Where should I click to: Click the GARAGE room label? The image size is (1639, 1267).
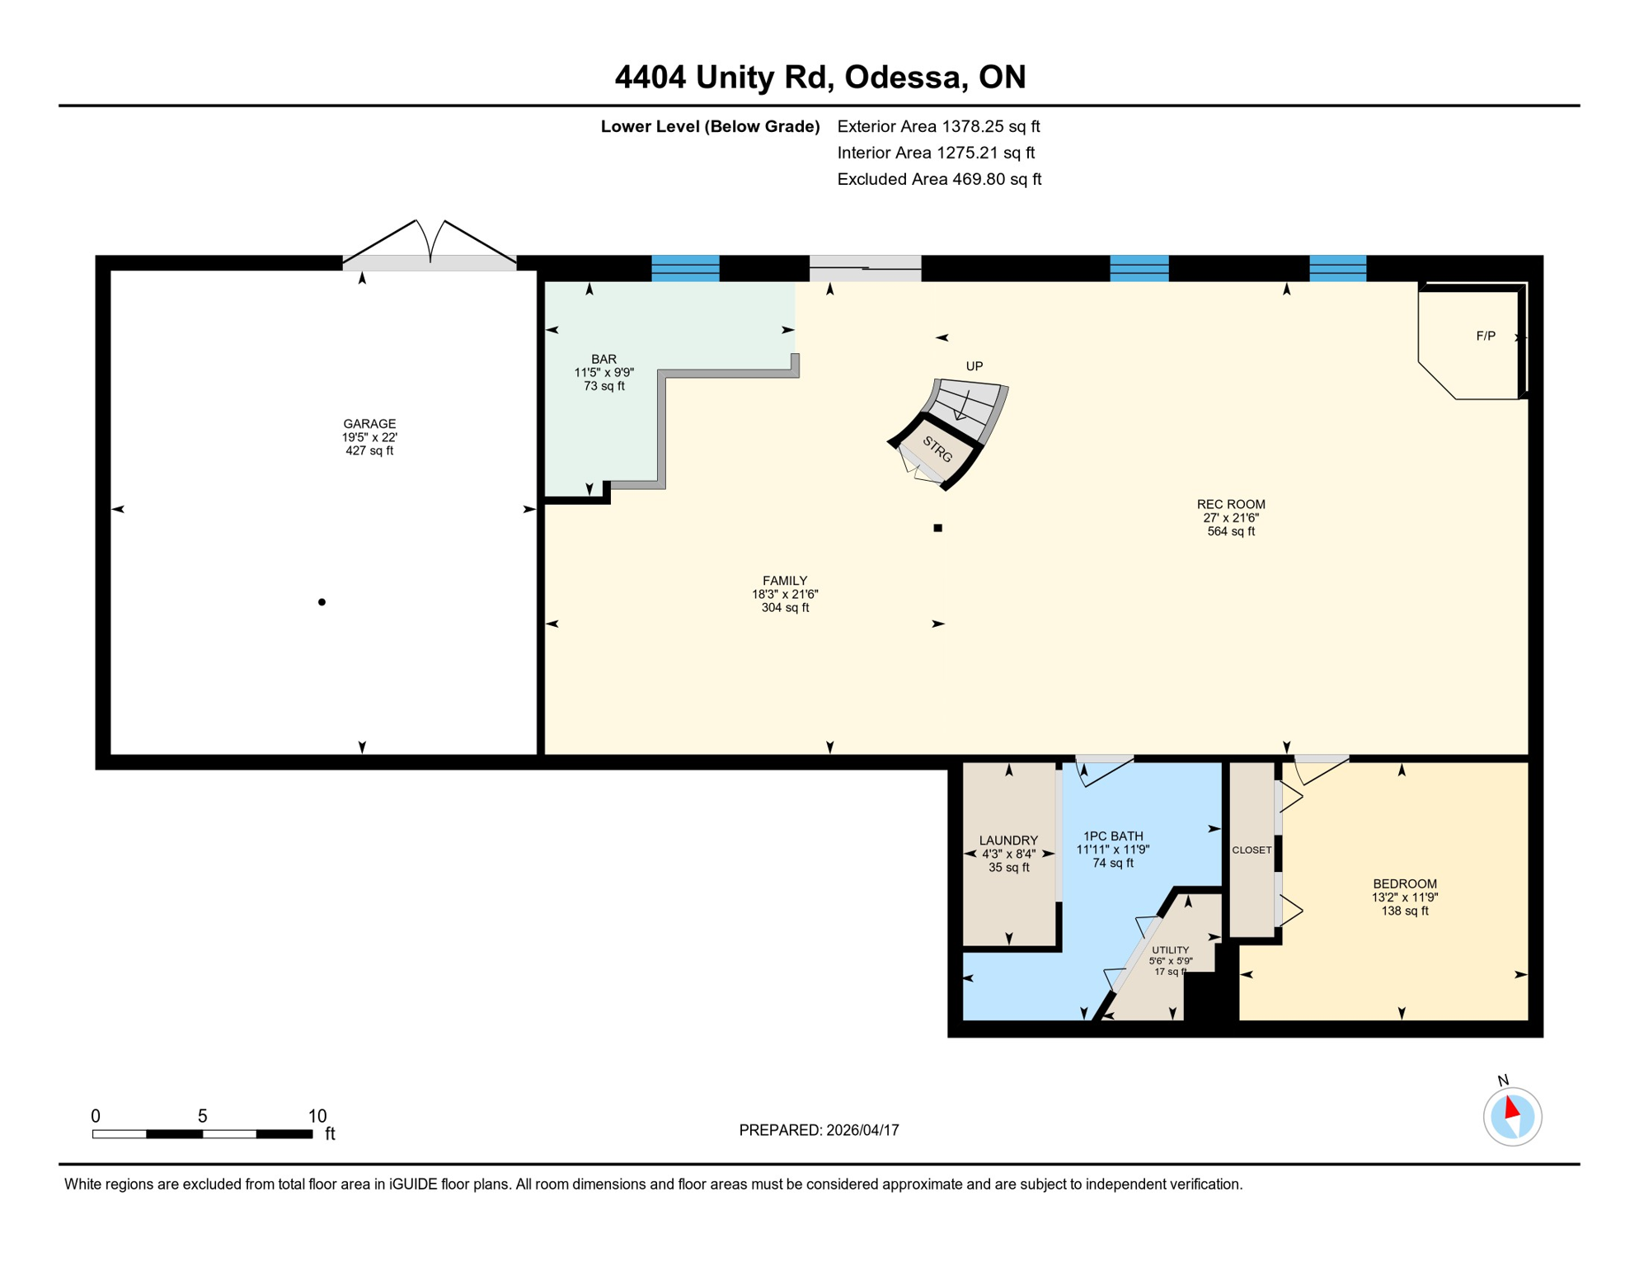point(369,424)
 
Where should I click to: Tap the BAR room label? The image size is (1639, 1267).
point(603,360)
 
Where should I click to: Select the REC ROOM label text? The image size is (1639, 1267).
point(1230,505)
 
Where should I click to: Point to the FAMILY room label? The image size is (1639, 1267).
point(784,581)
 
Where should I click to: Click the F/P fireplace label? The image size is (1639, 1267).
point(1485,336)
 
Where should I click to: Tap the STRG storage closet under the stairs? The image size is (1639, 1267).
point(937,450)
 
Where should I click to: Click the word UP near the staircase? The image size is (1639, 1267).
point(974,366)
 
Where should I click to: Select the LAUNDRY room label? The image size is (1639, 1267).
point(1007,841)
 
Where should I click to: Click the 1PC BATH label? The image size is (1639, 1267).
point(1112,836)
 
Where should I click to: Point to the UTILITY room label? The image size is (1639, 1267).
point(1170,950)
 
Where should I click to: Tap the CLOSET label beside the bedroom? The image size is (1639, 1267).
point(1251,850)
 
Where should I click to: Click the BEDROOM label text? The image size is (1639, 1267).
point(1404,884)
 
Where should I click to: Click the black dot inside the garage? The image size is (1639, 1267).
point(322,602)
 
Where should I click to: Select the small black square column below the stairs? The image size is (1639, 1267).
point(937,528)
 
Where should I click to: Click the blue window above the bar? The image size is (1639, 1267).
point(685,269)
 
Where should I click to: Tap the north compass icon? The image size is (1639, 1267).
point(1512,1116)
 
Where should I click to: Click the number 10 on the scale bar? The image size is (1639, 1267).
point(317,1116)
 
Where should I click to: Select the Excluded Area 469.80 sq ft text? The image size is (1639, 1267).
point(938,179)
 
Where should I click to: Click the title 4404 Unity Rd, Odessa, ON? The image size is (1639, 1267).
point(819,77)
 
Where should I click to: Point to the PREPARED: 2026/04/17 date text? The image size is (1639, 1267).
point(819,1130)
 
